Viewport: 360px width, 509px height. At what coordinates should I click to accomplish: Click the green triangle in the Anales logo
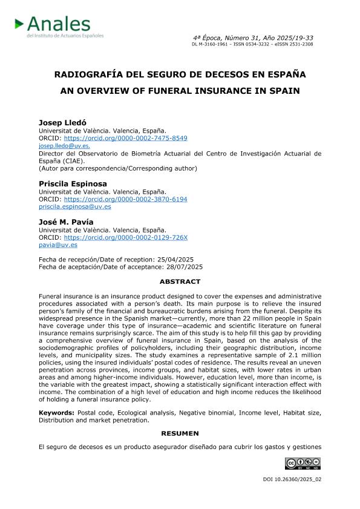click(x=19, y=24)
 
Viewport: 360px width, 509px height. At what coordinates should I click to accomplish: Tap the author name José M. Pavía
click(x=66, y=222)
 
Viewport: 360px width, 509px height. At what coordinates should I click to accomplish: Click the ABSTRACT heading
click(x=180, y=281)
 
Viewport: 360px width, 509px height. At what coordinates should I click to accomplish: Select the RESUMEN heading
click(x=180, y=433)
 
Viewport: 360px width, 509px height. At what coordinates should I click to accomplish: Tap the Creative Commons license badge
click(x=303, y=464)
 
